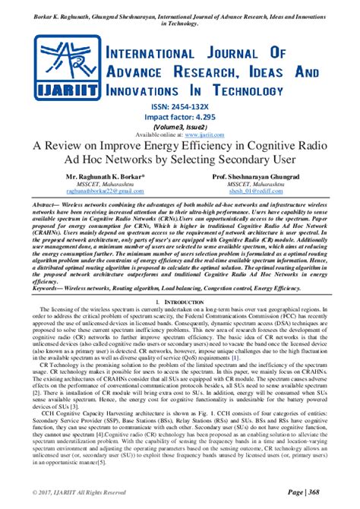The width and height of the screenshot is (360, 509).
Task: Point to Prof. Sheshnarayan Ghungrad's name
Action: click(254, 177)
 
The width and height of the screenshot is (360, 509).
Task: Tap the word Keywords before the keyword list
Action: click(48, 288)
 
